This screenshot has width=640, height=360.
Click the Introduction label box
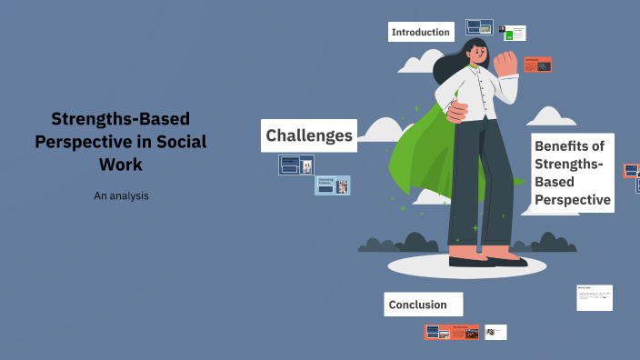pyautogui.click(x=420, y=32)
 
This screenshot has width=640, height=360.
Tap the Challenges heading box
pyautogui.click(x=309, y=135)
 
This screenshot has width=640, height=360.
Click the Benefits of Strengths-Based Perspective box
pyautogui.click(x=573, y=173)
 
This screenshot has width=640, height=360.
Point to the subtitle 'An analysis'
pyautogui.click(x=121, y=195)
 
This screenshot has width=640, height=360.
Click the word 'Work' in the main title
pyautogui.click(x=121, y=165)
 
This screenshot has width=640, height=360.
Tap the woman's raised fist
pyautogui.click(x=505, y=63)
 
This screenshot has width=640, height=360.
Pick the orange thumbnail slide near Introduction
pyautogui.click(x=537, y=65)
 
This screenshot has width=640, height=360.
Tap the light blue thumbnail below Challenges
pyautogui.click(x=333, y=185)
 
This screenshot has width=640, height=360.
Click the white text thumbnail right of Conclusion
pyautogui.click(x=595, y=297)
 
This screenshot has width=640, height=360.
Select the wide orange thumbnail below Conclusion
pyautogui.click(x=452, y=332)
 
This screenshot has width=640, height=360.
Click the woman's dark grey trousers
pyautogui.click(x=476, y=182)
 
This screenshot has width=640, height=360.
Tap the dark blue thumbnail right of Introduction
pyautogui.click(x=479, y=27)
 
